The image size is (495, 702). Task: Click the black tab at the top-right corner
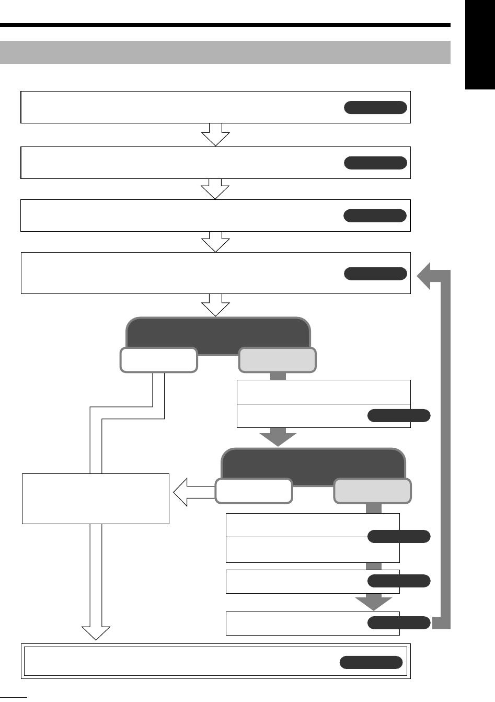tap(480, 46)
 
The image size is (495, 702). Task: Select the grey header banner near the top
tap(225, 52)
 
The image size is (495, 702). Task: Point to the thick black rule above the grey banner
tap(225, 25)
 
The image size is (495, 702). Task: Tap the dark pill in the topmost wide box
tap(375, 108)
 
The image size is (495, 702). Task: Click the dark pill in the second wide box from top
tap(375, 163)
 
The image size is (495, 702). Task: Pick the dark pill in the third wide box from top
tap(375, 216)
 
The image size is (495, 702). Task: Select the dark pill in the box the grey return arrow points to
tap(375, 274)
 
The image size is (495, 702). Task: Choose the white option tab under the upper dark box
tap(159, 360)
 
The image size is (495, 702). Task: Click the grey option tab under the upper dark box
tap(277, 360)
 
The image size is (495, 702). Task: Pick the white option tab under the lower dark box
tap(254, 491)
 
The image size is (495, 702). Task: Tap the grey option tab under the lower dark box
tap(372, 491)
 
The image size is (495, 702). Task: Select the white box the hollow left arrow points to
tap(96, 499)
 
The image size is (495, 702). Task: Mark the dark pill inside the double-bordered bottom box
tap(371, 662)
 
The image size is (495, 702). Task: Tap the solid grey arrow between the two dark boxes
tap(278, 437)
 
